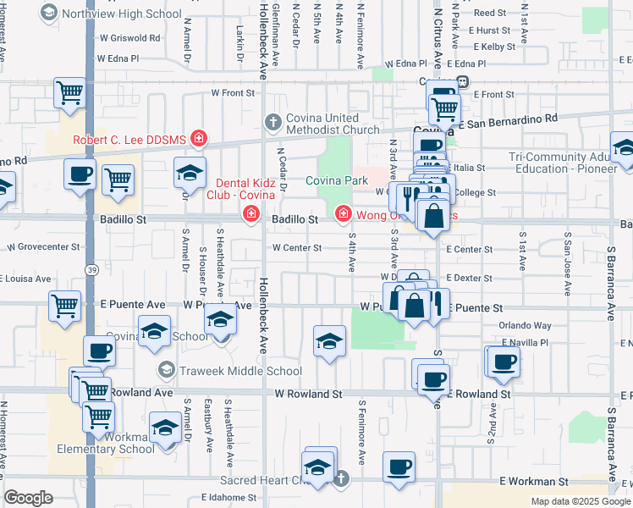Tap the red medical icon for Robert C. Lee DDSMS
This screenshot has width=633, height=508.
[198, 137]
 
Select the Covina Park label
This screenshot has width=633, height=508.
[337, 180]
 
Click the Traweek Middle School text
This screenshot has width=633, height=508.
[240, 371]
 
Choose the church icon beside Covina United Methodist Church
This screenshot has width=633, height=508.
[272, 123]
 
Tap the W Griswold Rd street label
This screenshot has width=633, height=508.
[129, 38]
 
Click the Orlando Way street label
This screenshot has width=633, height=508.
[525, 325]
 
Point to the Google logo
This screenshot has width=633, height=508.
[28, 498]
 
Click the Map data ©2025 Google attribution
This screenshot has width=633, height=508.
[580, 501]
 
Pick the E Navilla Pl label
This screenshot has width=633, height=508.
[525, 342]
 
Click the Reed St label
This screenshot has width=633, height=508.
[489, 13]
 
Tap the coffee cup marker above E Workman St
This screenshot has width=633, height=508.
[399, 467]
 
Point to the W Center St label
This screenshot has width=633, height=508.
[296, 248]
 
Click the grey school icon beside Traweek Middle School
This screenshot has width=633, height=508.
[167, 370]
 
